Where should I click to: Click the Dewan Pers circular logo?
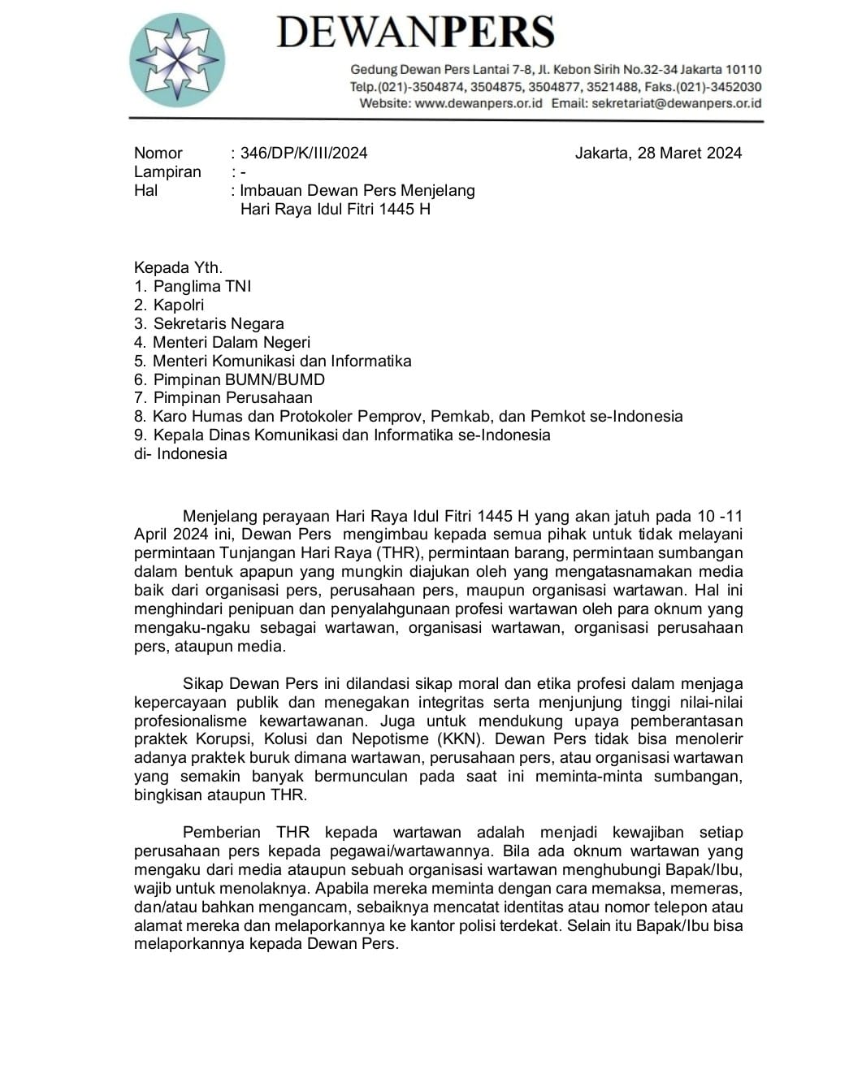click(x=177, y=59)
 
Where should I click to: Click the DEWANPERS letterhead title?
click(x=415, y=32)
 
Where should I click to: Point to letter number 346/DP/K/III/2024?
click(x=304, y=153)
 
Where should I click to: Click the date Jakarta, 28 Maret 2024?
click(x=658, y=153)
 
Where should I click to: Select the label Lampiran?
click(x=167, y=171)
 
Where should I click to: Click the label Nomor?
click(x=158, y=153)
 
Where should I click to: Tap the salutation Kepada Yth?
click(x=178, y=267)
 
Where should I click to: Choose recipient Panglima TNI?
click(x=202, y=286)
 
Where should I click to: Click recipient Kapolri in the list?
click(x=179, y=305)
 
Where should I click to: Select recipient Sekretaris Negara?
click(x=219, y=323)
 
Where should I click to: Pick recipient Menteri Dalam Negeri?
click(x=232, y=342)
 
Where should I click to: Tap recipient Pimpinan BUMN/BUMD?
click(x=239, y=379)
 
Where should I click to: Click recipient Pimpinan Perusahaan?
click(x=232, y=397)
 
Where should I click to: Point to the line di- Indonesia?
click(x=180, y=453)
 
